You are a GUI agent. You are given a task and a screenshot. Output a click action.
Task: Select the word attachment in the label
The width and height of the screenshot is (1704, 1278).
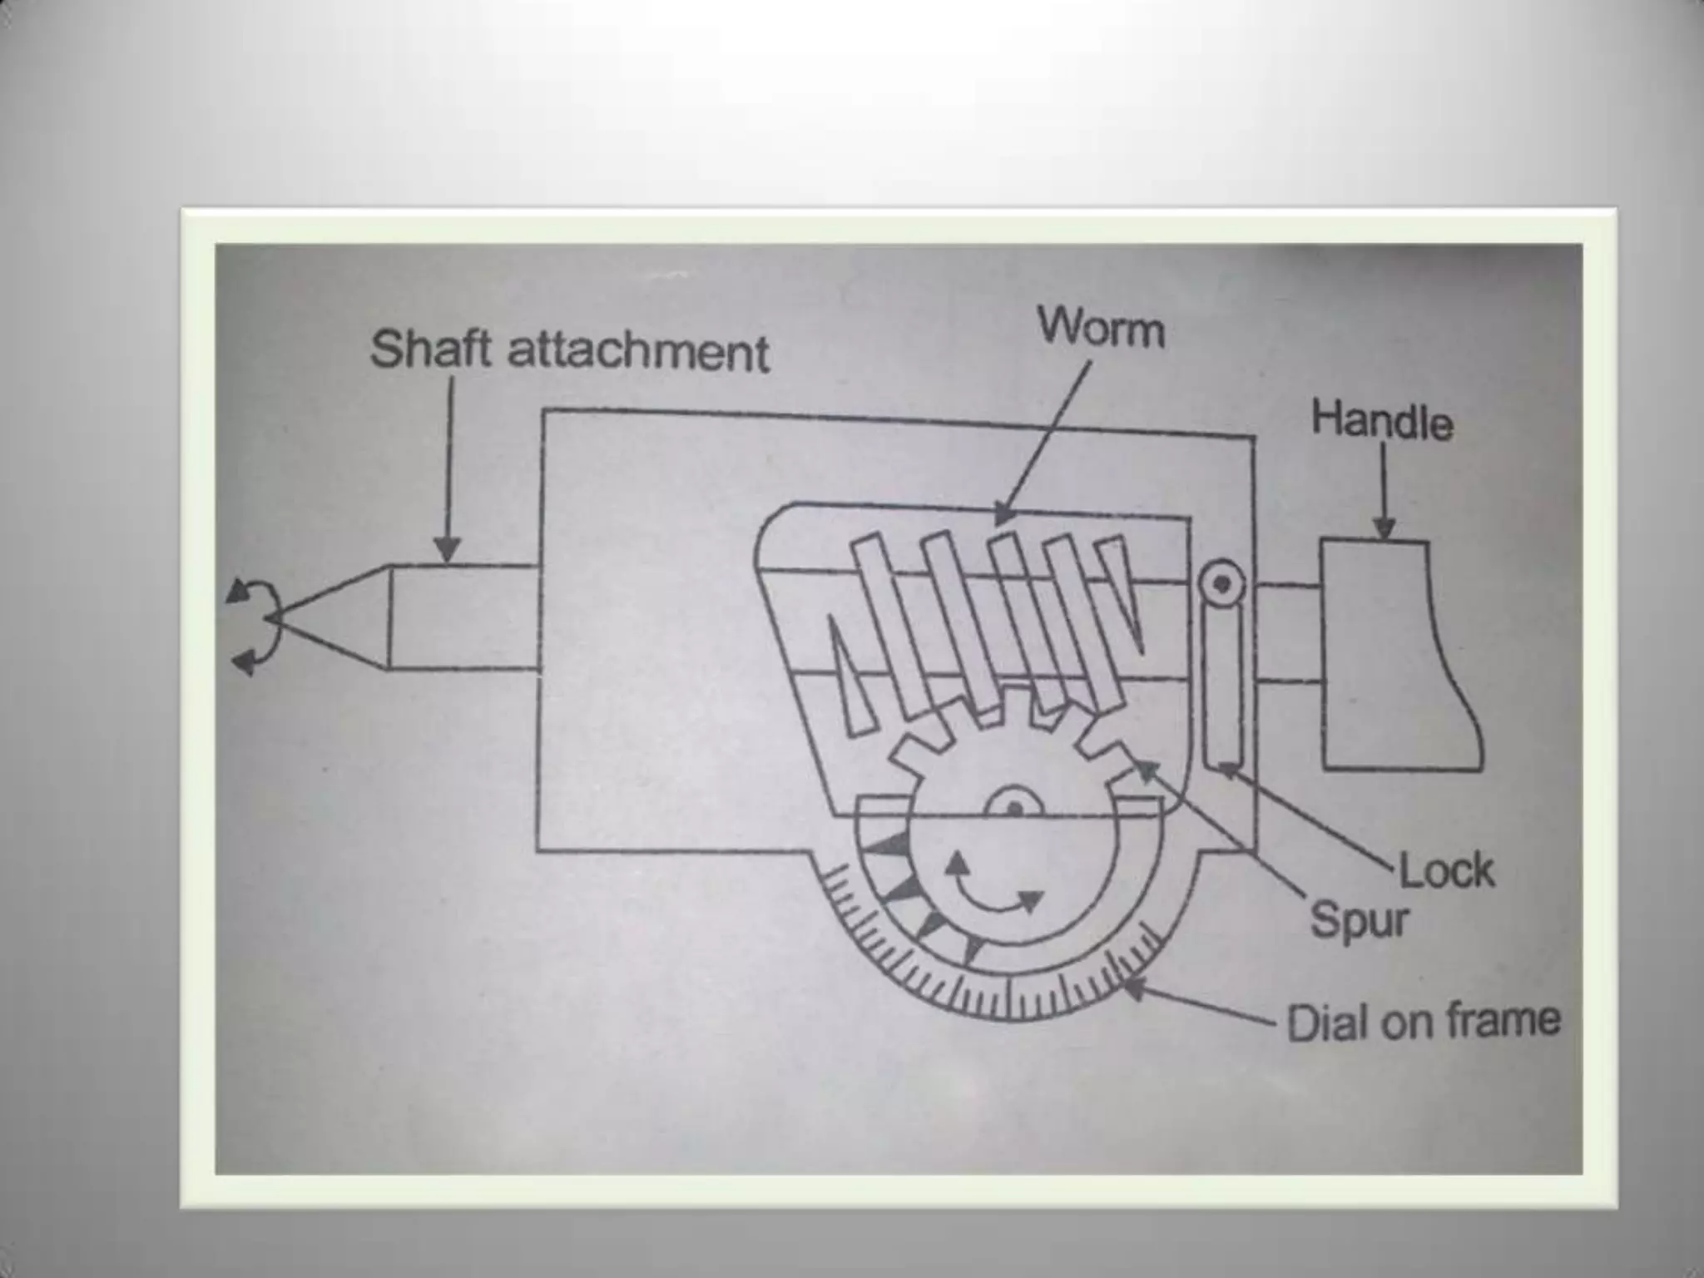pos(638,352)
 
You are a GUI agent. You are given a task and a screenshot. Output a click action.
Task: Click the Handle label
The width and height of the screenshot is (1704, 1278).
pos(1382,422)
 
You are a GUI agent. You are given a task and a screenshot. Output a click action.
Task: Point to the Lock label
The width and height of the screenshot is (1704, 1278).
pos(1447,872)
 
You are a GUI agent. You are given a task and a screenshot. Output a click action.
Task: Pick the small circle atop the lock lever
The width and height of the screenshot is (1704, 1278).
pos(1221,583)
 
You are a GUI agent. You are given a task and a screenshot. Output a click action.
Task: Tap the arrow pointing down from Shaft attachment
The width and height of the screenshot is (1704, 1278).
pos(448,549)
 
